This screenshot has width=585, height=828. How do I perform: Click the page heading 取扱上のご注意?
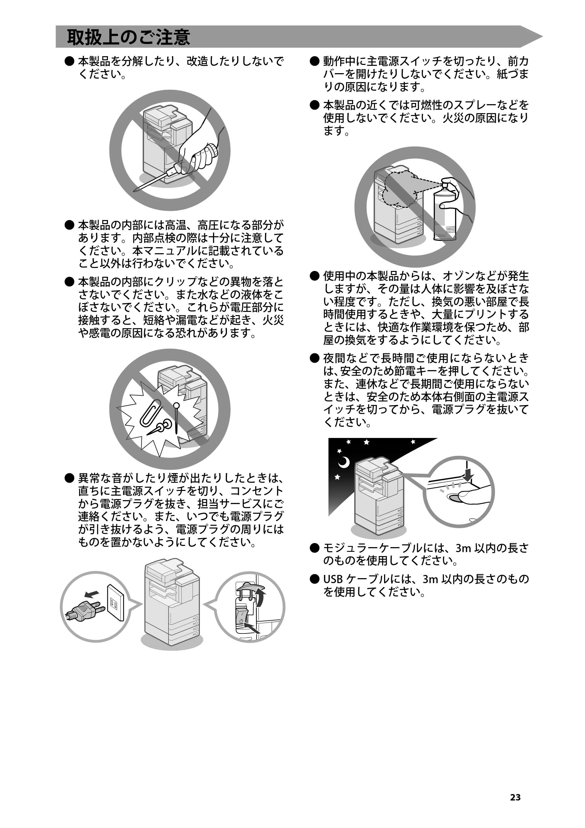[x=129, y=37]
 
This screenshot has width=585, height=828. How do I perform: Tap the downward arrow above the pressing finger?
[x=467, y=472]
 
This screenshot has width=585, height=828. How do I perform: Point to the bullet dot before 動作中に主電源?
[x=314, y=61]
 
